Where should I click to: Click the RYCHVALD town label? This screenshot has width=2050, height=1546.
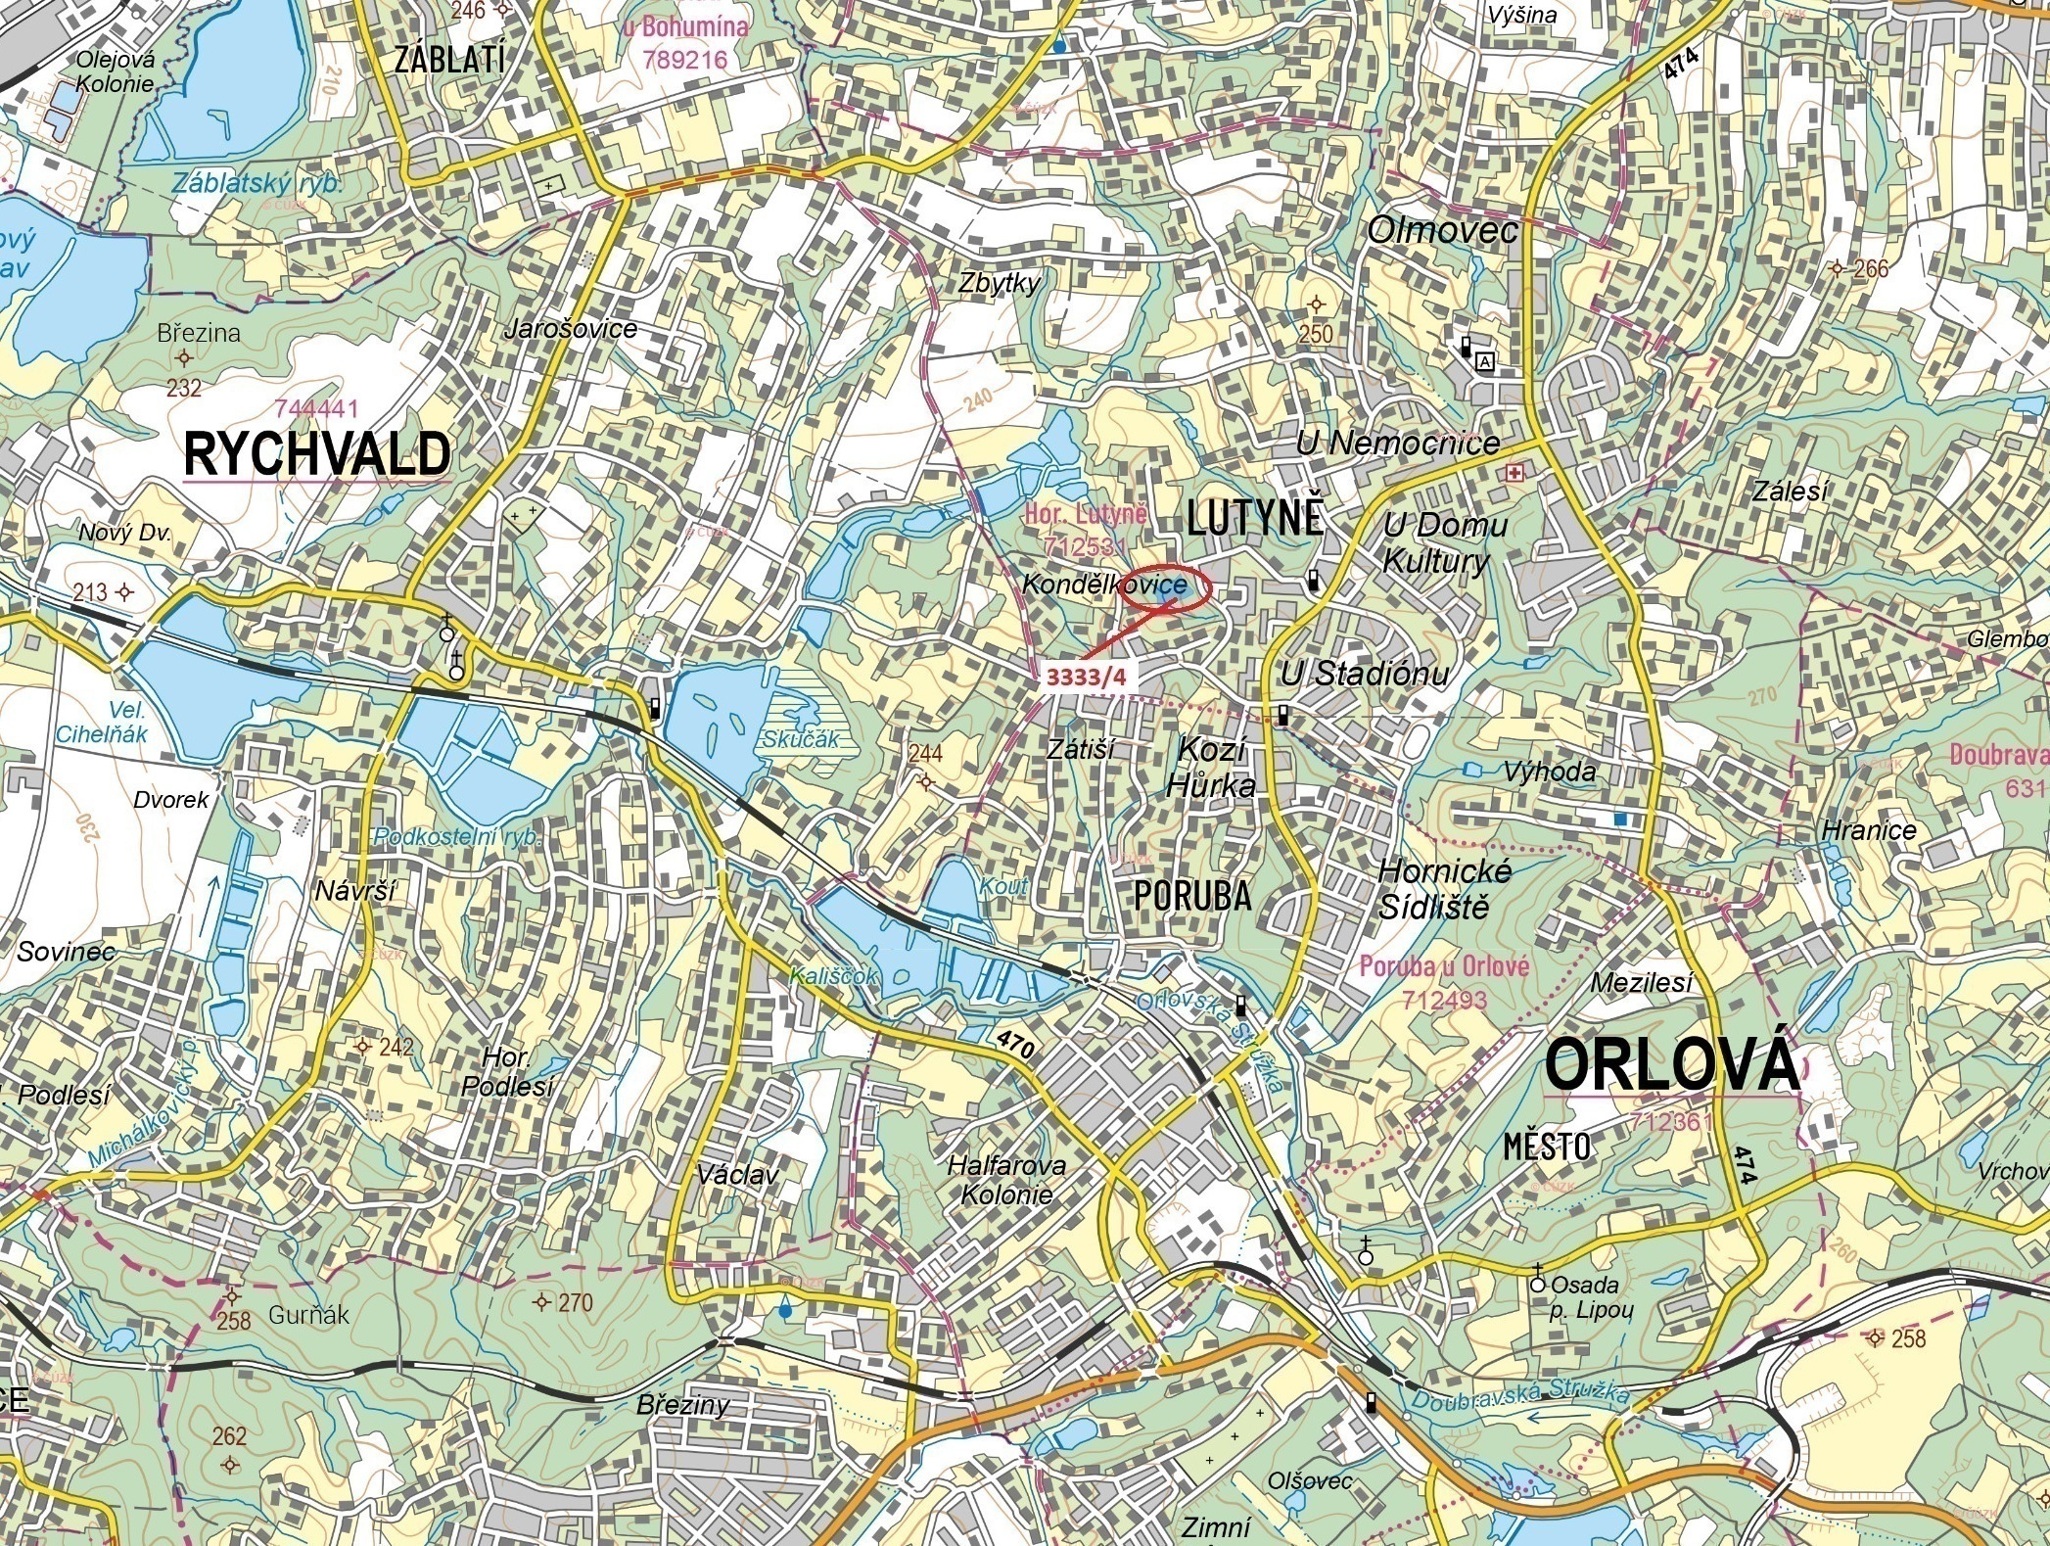click(x=317, y=454)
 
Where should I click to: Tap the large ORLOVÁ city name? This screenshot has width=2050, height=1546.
click(x=1671, y=1065)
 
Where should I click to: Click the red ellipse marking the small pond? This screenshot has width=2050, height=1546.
click(x=1167, y=588)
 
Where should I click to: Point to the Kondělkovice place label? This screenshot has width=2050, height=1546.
click(x=1076, y=585)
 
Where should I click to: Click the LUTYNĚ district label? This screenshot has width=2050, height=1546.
click(x=1255, y=517)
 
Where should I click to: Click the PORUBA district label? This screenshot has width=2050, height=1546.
click(x=1192, y=895)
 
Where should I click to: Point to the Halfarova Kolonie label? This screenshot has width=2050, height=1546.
click(x=1006, y=1180)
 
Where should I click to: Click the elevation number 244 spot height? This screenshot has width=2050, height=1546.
click(x=925, y=753)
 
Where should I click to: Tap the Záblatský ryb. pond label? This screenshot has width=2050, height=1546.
click(x=256, y=183)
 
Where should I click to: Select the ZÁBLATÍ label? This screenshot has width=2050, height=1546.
click(x=449, y=60)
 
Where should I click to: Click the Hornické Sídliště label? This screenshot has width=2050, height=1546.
click(x=1443, y=888)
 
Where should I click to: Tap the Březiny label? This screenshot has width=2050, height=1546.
click(x=682, y=1405)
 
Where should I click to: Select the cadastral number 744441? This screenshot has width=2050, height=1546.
click(x=317, y=408)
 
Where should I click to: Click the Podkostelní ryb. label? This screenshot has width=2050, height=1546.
click(x=456, y=838)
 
